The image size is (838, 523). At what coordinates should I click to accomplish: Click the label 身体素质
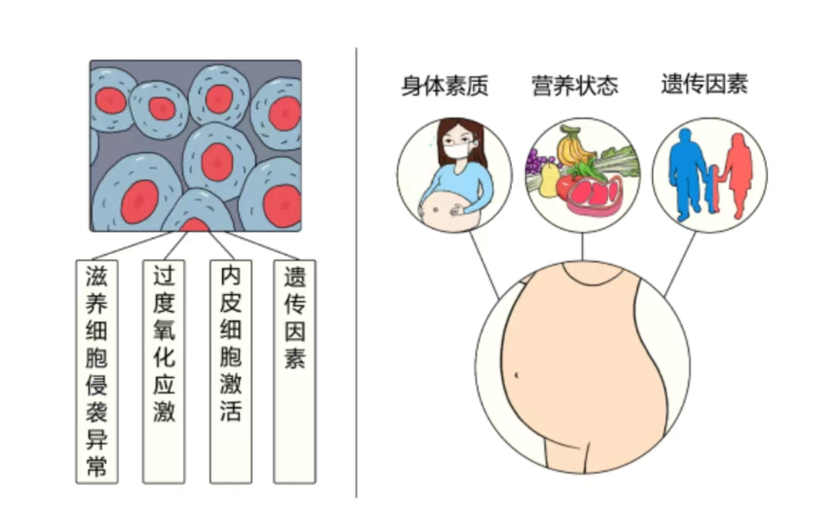pyautogui.click(x=444, y=87)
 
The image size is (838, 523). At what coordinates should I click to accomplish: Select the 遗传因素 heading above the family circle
pyautogui.click(x=704, y=84)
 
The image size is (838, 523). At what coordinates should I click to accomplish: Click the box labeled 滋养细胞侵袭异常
pyautogui.click(x=96, y=371)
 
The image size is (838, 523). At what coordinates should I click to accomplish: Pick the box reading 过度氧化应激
pyautogui.click(x=164, y=371)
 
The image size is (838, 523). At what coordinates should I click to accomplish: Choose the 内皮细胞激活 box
pyautogui.click(x=231, y=371)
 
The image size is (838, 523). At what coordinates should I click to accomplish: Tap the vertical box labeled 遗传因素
pyautogui.click(x=294, y=371)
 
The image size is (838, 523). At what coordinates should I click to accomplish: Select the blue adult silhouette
pyautogui.click(x=686, y=172)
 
